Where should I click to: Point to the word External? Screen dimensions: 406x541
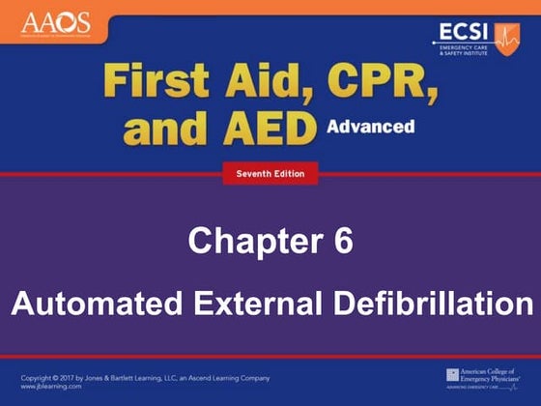(267, 304)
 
